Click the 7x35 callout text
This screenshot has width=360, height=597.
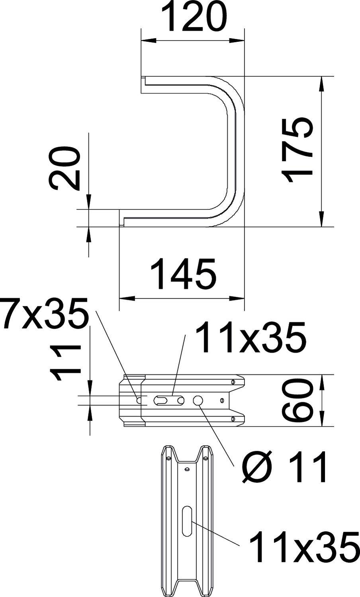[45, 315]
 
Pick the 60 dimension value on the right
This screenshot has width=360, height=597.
[297, 400]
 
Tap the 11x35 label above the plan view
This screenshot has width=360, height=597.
[252, 339]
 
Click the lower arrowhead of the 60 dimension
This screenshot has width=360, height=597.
[322, 420]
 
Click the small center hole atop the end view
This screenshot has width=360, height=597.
[186, 470]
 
